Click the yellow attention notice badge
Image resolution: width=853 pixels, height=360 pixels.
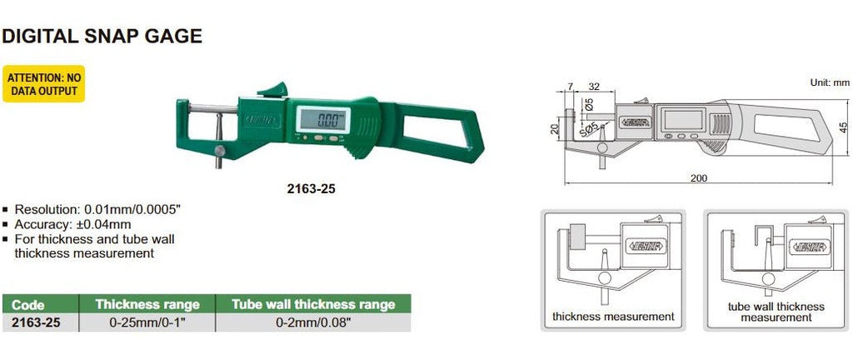click(x=43, y=83)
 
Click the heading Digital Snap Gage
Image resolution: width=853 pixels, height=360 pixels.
click(x=102, y=36)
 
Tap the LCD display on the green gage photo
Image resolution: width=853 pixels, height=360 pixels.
click(x=323, y=119)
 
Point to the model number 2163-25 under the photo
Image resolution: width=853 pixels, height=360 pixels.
click(x=312, y=188)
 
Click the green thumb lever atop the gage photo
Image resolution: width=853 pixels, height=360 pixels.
click(x=273, y=90)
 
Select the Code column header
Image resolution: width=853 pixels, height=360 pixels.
click(x=27, y=304)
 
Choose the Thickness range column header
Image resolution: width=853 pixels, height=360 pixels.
click(x=147, y=304)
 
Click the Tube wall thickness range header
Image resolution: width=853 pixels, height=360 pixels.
click(x=313, y=304)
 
